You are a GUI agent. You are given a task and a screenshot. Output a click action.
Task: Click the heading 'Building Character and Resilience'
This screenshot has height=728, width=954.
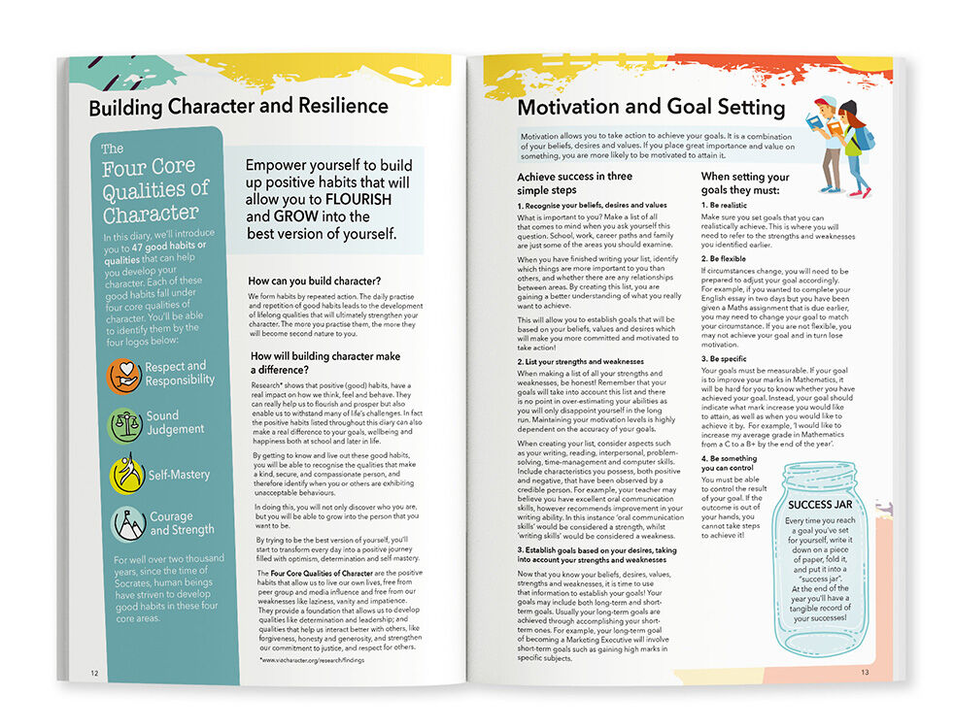coord(238,107)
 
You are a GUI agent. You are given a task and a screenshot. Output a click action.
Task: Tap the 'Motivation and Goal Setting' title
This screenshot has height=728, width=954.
coord(650,107)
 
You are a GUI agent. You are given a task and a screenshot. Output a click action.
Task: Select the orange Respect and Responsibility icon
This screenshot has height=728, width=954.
coord(126,375)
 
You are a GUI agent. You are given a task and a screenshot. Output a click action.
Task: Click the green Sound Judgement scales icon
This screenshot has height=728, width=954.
coord(126,423)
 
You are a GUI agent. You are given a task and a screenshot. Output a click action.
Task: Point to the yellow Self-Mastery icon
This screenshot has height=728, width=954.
coord(126,475)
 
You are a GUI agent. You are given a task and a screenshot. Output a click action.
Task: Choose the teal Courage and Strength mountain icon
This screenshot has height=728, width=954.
coord(126,523)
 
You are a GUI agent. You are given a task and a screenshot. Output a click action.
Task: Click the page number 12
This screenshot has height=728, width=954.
coord(94,673)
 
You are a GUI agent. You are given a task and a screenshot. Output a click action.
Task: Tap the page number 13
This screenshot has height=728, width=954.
coord(864,672)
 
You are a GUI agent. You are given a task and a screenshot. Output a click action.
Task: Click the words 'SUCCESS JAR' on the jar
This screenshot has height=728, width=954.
coord(823,506)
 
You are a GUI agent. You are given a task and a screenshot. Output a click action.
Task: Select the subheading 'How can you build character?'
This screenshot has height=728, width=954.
coord(311,280)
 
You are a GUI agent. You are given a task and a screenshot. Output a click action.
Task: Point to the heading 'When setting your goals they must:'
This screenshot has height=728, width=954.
coord(745,184)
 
